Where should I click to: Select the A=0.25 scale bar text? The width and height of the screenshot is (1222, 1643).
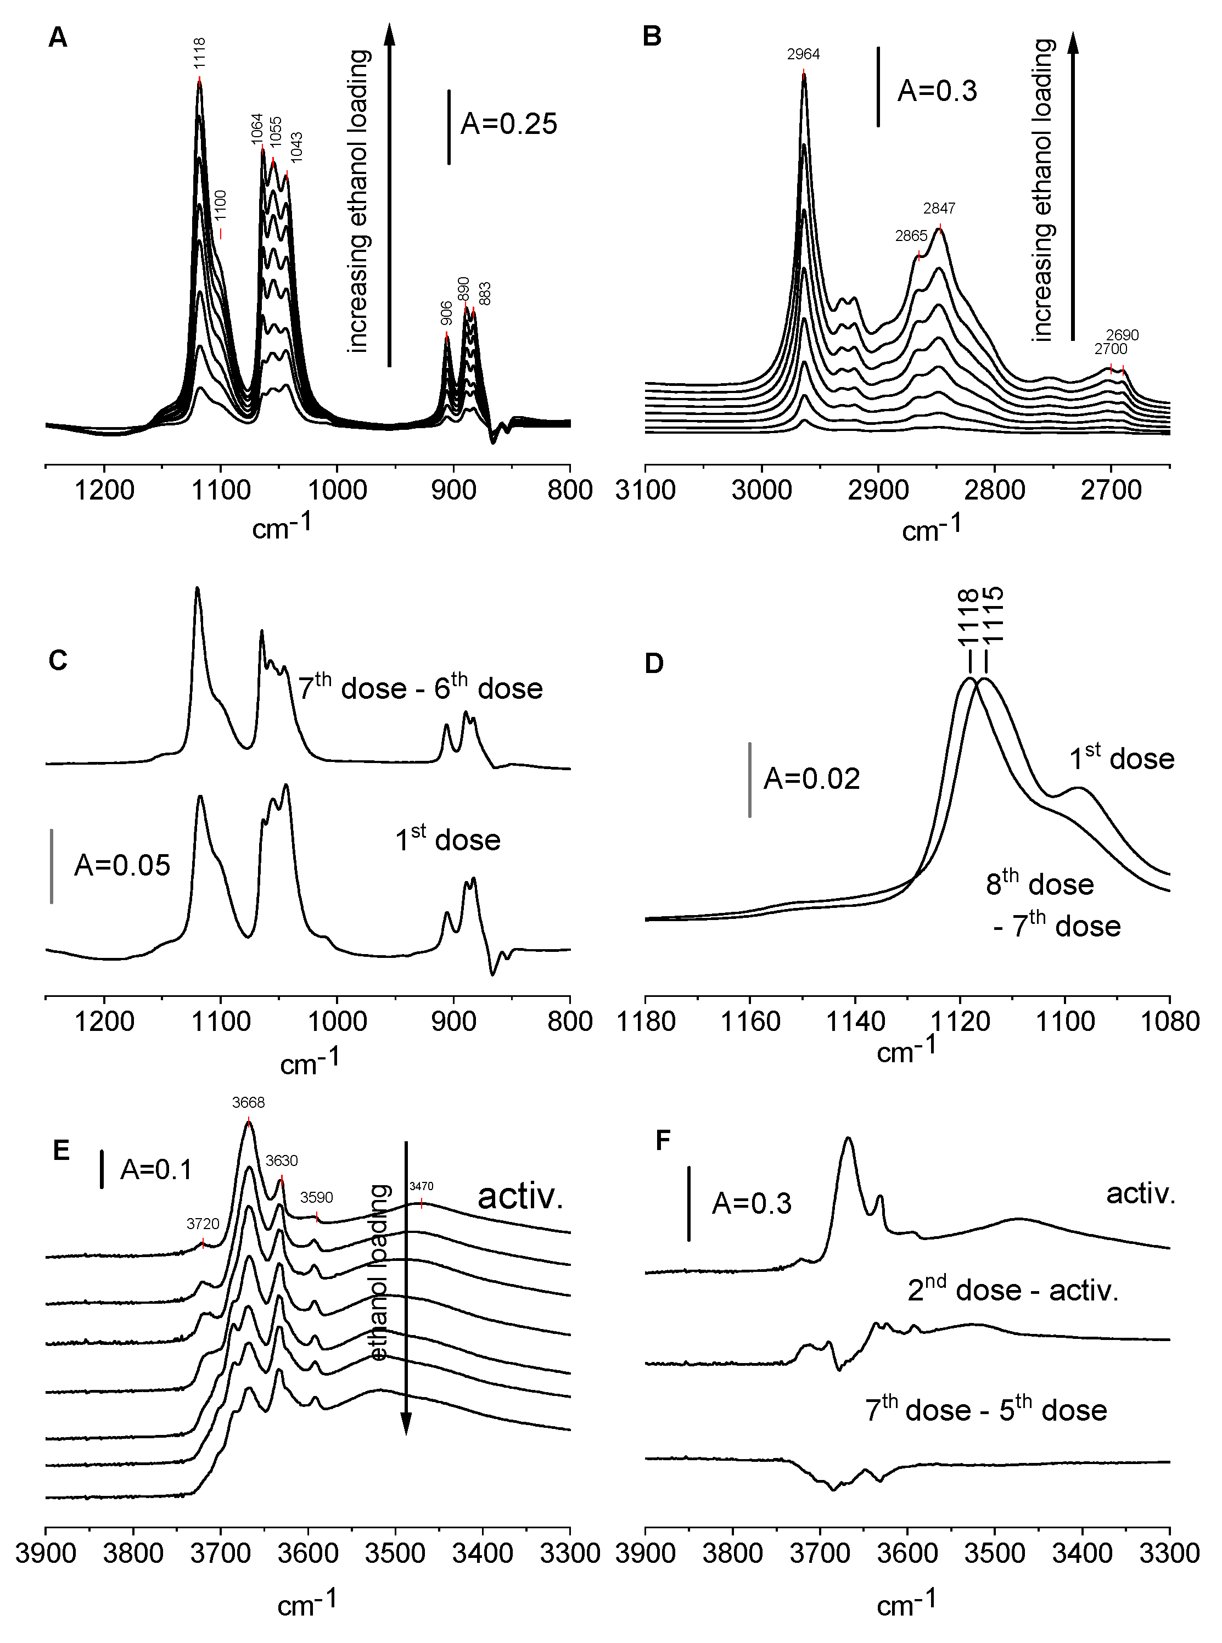tap(508, 124)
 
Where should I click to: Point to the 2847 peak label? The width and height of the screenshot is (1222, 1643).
tap(939, 209)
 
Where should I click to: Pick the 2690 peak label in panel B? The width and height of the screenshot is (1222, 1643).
tap(1122, 335)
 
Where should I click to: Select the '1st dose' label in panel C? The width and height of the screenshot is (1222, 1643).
tap(447, 840)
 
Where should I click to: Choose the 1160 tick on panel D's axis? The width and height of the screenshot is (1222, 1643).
tap(750, 1022)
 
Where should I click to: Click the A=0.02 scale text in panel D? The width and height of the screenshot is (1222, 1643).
tap(811, 779)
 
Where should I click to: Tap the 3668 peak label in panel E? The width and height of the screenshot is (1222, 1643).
tap(248, 1102)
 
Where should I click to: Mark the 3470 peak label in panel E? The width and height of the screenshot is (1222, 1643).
tap(421, 1187)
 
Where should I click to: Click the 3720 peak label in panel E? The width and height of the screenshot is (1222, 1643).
tap(203, 1224)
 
